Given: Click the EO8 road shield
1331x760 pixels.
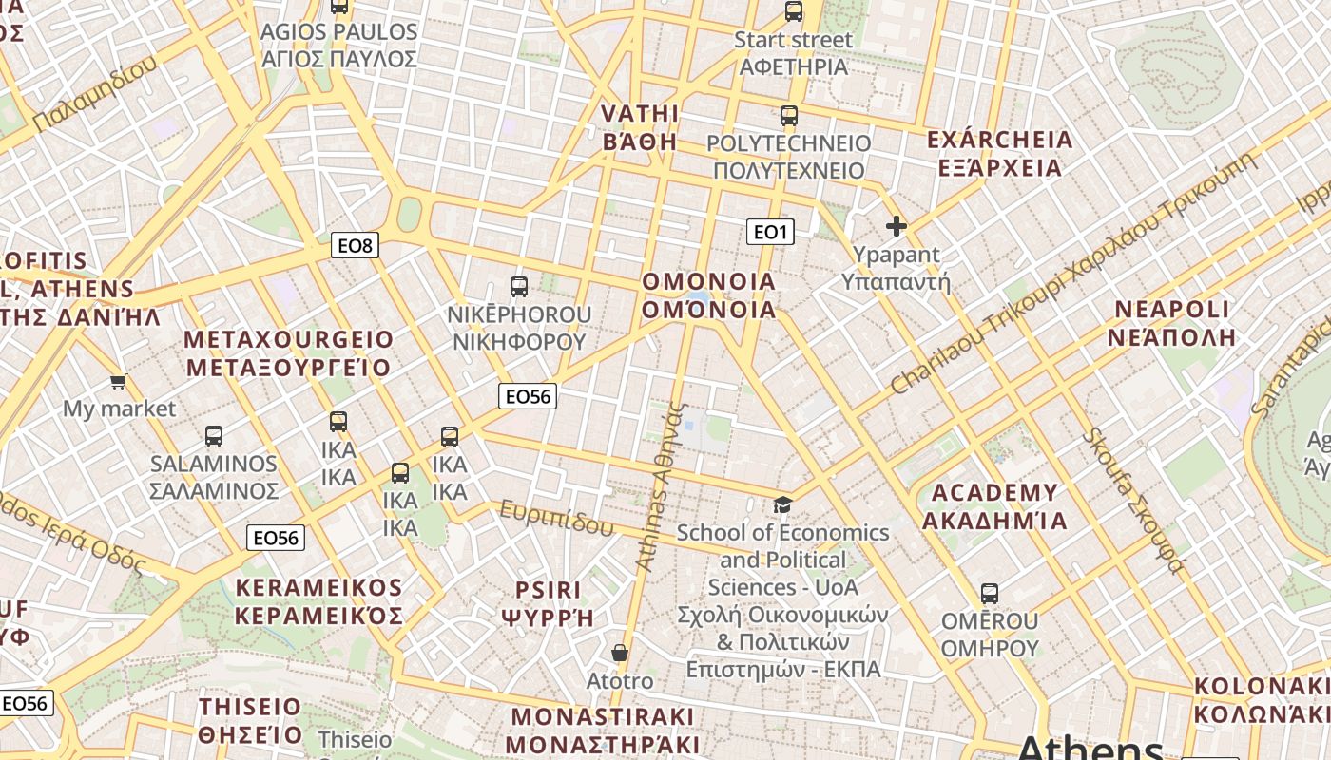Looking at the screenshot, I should pos(356,246).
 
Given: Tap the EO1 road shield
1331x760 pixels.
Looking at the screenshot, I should pos(769,232).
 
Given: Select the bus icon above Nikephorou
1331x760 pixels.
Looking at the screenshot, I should pos(519,287).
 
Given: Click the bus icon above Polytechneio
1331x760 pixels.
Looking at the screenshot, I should pos(789,116).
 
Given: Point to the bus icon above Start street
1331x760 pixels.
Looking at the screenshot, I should pos(794,12).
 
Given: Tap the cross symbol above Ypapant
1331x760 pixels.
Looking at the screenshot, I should pos(896,226).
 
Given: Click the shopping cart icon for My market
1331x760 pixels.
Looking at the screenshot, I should pos(118,382).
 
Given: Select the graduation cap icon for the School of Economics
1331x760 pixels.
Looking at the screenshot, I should pos(782,504).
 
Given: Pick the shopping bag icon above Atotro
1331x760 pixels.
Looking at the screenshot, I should pos(620,654).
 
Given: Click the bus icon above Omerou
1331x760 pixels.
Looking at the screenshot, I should pos(990,594).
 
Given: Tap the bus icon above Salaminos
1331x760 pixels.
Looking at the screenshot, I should pos(214,436).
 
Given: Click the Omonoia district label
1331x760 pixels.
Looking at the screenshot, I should pos(708,295).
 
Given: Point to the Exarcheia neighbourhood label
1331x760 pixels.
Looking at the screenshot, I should pos(999,154).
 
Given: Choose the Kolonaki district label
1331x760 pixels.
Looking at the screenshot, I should pos(1262,700).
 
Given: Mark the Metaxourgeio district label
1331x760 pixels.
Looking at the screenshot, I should pos(288,353).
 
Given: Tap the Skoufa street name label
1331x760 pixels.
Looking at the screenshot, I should pos(1134,502).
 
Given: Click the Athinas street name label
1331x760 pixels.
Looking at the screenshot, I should pos(661,486).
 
